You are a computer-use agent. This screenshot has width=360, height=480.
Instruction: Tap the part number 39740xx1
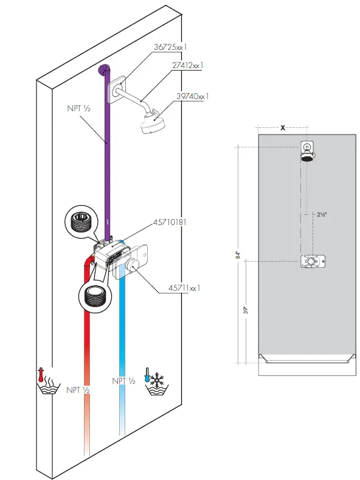coord(192,96)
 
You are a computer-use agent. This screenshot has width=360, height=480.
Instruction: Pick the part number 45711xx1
coord(181,288)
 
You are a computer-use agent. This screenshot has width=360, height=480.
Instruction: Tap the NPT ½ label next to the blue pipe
coord(123,381)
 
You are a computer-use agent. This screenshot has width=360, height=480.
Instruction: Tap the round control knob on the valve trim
coord(134,264)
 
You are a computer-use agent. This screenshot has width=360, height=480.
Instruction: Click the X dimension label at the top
coord(283,128)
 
